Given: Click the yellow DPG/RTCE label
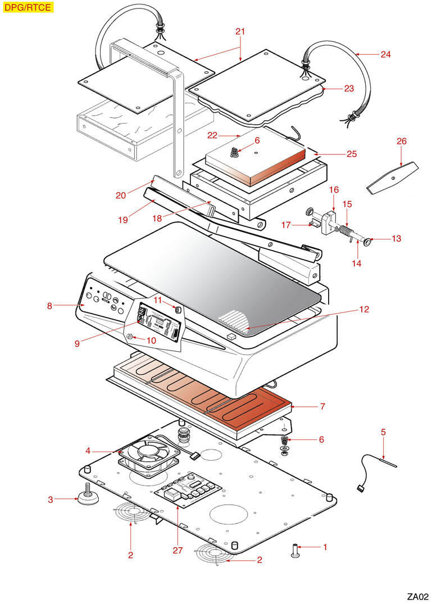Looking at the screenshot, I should [x=28, y=7].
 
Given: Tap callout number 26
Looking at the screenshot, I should [x=401, y=141].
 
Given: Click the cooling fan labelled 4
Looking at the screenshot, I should [x=148, y=453].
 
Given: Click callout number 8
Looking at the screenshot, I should [x=49, y=306].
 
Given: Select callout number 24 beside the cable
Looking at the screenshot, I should [x=385, y=55].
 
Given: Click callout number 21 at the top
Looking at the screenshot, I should [x=240, y=31].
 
